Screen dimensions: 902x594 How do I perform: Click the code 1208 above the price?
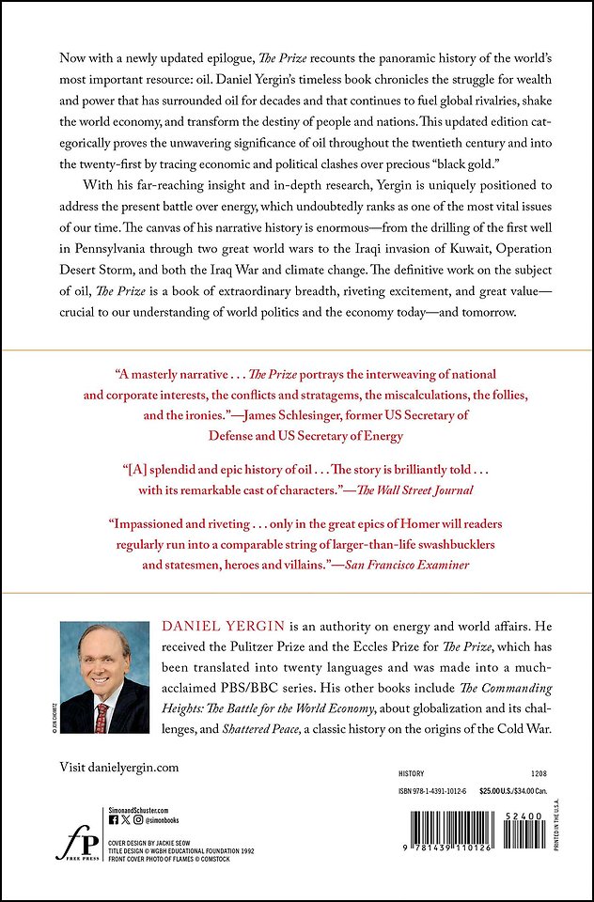coord(539,771)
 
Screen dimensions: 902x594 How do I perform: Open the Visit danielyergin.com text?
coord(118,767)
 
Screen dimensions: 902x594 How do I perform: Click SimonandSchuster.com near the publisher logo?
coord(139,809)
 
